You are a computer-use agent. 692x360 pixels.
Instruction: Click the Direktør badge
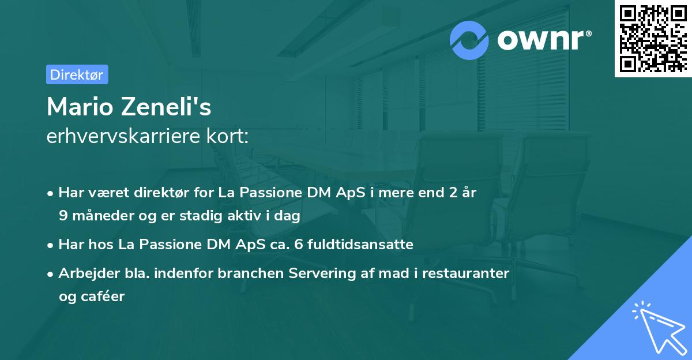77,74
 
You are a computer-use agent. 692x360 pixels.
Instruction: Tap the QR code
653,39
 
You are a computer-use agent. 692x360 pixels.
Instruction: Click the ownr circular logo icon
469,40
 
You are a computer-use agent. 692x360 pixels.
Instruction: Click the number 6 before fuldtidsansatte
298,245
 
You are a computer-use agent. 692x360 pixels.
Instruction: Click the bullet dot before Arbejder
51,274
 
